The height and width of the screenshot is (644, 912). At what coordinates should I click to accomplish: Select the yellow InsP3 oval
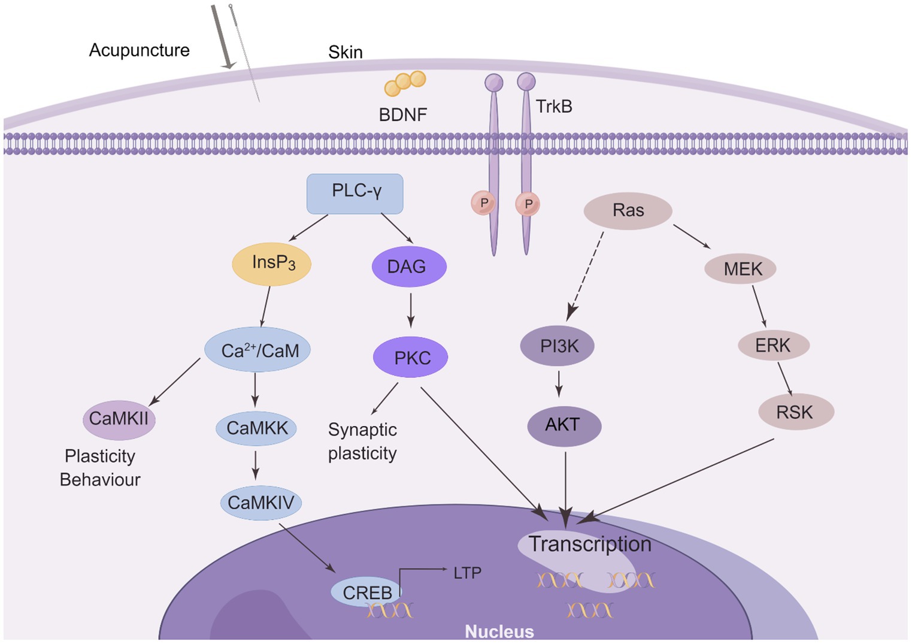pyautogui.click(x=272, y=264)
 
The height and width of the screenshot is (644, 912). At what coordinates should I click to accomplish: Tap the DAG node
pyautogui.click(x=409, y=267)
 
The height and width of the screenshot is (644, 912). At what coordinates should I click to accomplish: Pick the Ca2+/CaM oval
pyautogui.click(x=257, y=350)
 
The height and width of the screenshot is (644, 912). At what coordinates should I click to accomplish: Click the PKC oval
pyautogui.click(x=411, y=358)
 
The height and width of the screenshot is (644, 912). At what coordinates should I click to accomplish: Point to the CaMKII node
pyautogui.click(x=119, y=419)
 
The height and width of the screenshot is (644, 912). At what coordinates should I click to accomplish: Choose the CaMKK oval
pyautogui.click(x=256, y=428)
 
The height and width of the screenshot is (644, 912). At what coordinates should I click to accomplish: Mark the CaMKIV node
pyautogui.click(x=260, y=503)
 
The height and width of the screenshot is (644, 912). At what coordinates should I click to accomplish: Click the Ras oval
pyautogui.click(x=628, y=211)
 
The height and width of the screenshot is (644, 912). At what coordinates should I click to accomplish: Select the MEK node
pyautogui.click(x=741, y=269)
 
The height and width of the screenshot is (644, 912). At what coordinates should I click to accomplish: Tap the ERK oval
pyautogui.click(x=773, y=346)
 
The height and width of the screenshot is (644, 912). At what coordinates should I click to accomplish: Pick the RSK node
pyautogui.click(x=795, y=412)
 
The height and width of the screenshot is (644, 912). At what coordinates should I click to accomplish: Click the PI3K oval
pyautogui.click(x=557, y=346)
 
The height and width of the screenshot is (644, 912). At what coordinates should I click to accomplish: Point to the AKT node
pyautogui.click(x=563, y=425)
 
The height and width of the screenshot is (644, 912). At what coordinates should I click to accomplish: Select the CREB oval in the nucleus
pyautogui.click(x=366, y=592)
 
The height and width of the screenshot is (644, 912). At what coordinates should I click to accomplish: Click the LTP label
pyautogui.click(x=467, y=573)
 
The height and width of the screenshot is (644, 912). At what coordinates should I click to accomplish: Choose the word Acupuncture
pyautogui.click(x=139, y=50)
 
